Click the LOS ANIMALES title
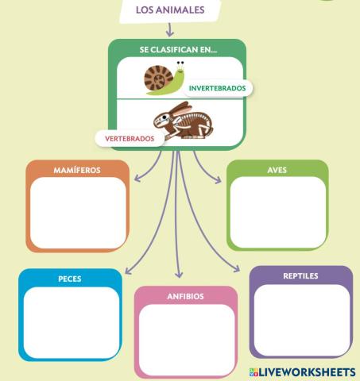click(170, 10)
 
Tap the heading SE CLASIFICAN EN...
click(178, 50)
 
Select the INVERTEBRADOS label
click(217, 88)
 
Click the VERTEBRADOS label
click(130, 139)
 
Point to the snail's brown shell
click(158, 77)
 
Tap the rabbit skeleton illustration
click(184, 121)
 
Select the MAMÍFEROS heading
click(77, 170)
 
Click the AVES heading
click(277, 170)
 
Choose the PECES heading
click(70, 279)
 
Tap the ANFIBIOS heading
click(185, 296)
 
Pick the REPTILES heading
click(300, 276)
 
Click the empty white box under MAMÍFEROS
click(78, 213)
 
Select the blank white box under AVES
click(278, 212)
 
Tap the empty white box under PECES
click(72, 323)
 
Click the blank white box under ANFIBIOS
click(187, 340)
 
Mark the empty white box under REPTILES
click(302, 320)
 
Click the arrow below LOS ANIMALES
click(169, 29)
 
